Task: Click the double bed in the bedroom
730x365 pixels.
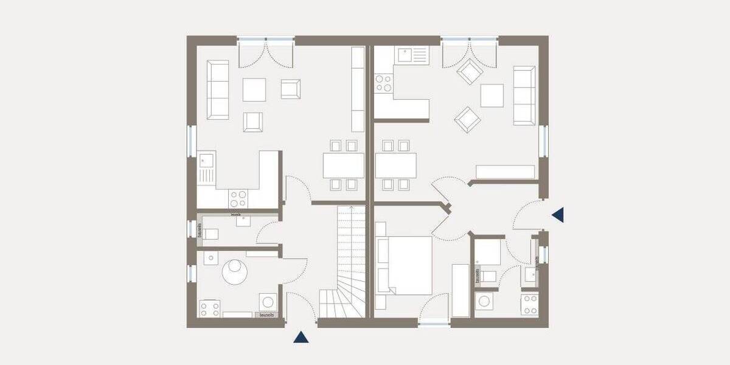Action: point(405,264)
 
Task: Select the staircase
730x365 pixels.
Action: point(344,262)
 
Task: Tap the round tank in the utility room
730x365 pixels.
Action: point(235,271)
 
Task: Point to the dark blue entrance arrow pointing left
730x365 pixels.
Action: point(558,214)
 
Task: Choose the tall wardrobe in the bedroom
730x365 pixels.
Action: point(461,290)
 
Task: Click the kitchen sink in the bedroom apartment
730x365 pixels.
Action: point(412,55)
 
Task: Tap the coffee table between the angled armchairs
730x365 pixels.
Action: point(492,95)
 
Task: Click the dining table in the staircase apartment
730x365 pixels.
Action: point(343,165)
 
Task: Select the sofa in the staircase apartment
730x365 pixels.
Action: point(218,89)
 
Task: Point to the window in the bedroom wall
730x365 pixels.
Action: point(434,323)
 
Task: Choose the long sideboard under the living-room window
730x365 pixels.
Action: point(505,172)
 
